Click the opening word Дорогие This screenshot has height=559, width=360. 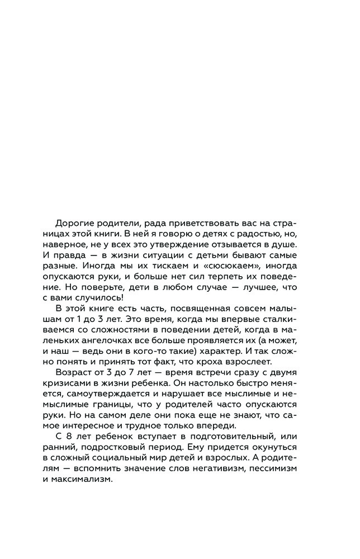pos(76,221)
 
